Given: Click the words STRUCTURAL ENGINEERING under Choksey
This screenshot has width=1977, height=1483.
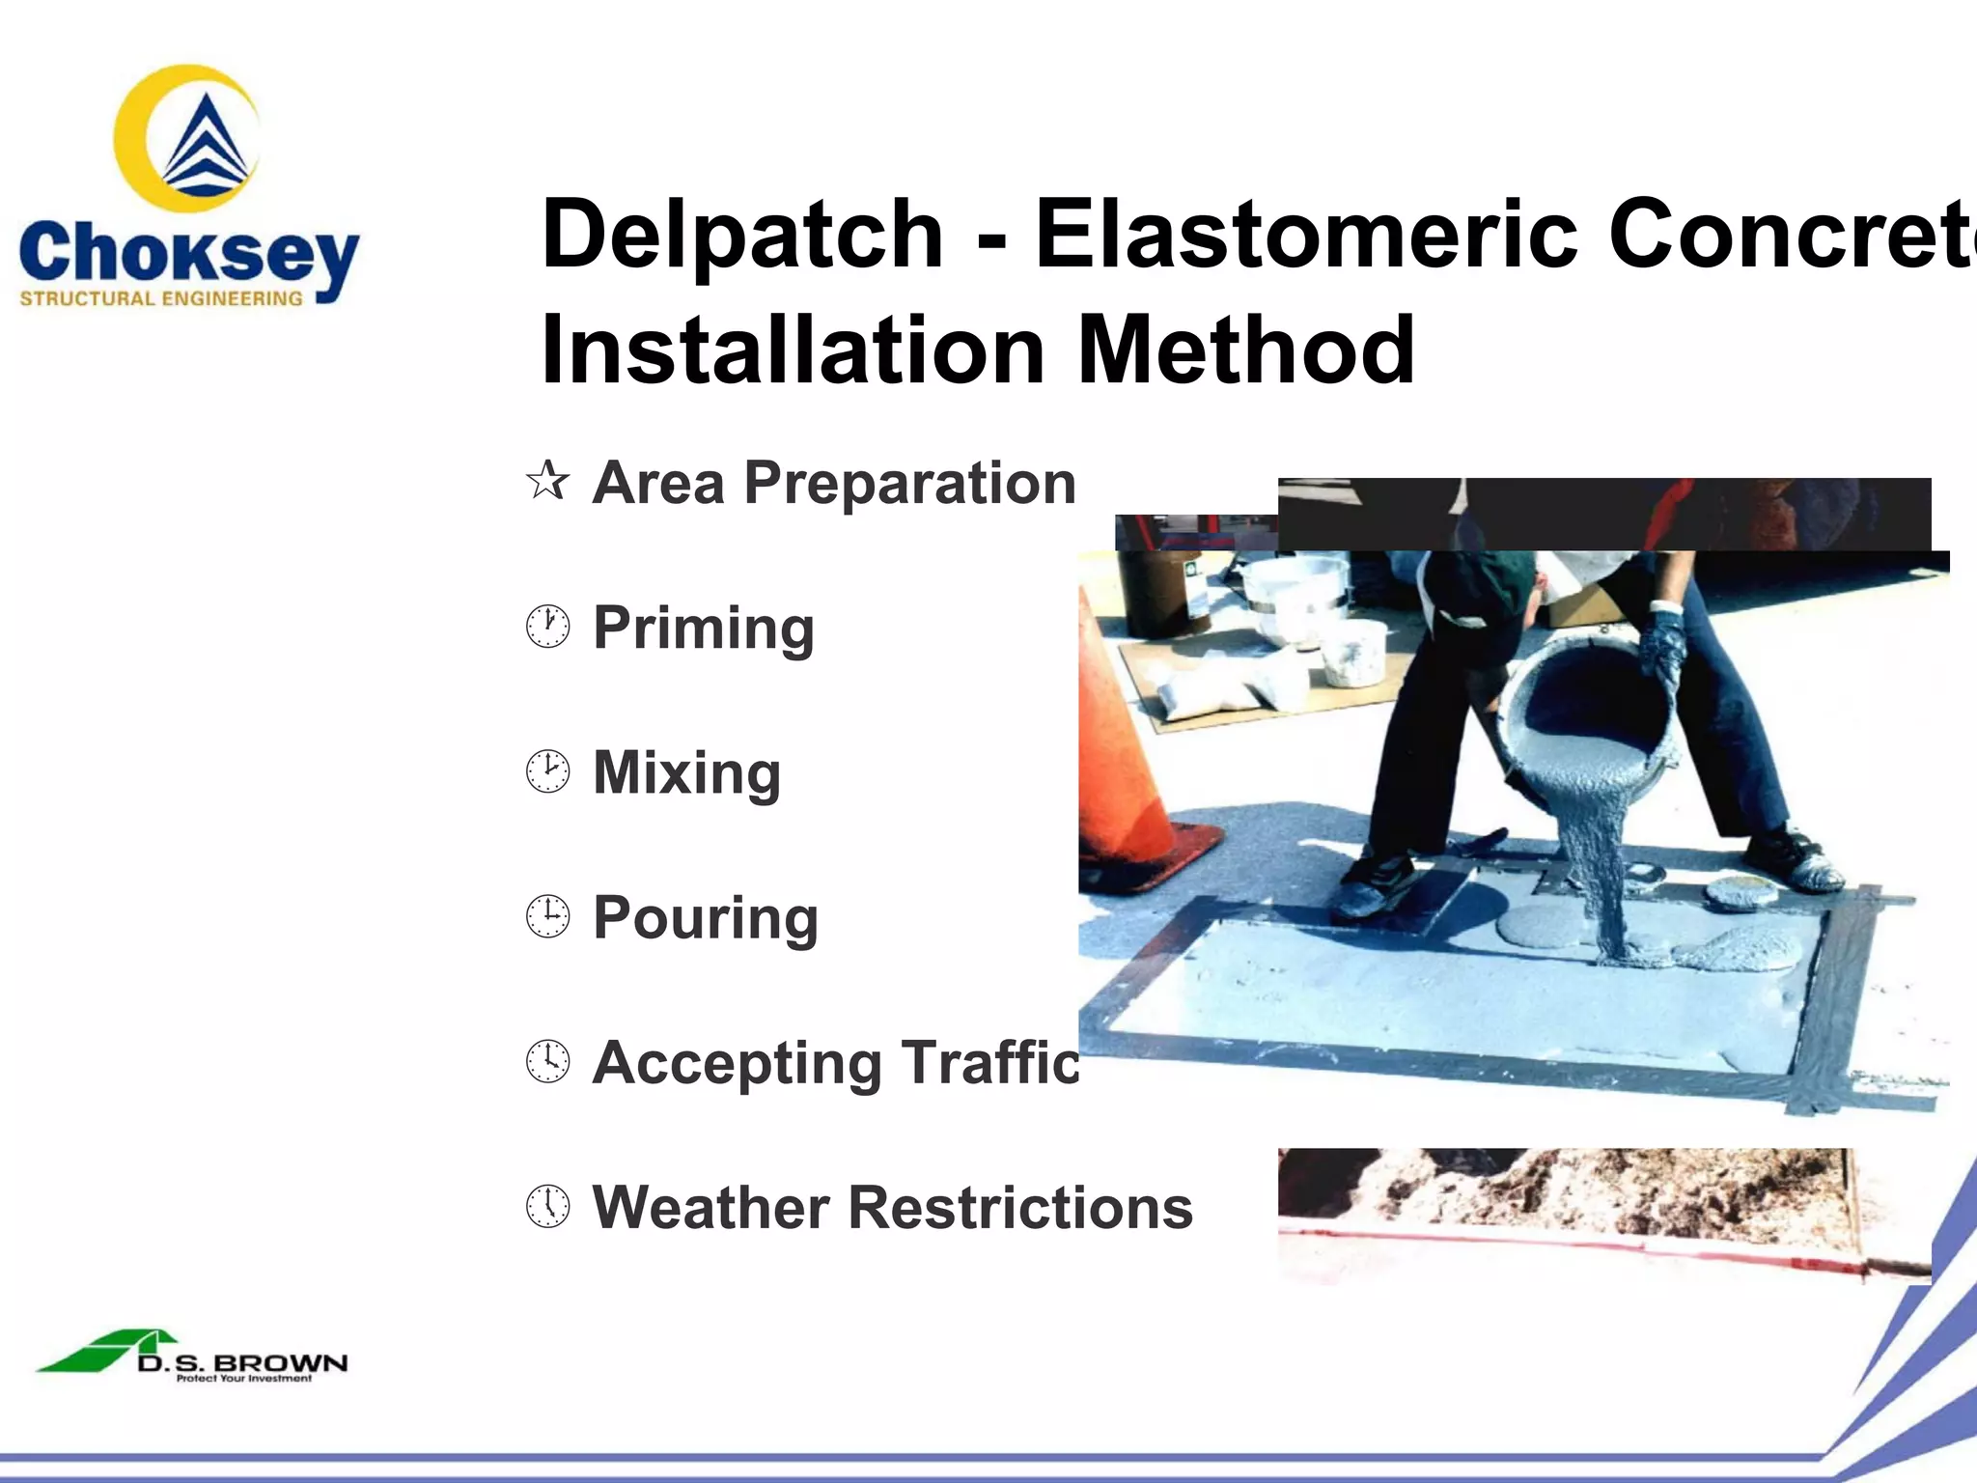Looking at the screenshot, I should point(161,299).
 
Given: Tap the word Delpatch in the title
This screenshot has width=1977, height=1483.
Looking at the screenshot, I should point(741,235).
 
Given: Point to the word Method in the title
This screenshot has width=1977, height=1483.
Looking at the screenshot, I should point(1245,350).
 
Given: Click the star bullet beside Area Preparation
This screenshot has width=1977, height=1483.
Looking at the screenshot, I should point(548,481).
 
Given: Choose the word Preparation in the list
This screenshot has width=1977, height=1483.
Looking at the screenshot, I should point(909,483).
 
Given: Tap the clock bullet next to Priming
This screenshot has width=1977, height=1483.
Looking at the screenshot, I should point(548,627).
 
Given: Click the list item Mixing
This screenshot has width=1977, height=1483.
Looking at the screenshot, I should point(686,772).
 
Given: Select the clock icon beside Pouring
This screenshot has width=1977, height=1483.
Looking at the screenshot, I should point(548,916).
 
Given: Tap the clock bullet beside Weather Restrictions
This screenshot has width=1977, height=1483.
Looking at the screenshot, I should point(548,1206).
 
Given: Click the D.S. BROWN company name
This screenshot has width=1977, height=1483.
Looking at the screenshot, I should point(241,1363).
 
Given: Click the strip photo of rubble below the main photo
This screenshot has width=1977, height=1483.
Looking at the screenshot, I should point(1602,1212).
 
